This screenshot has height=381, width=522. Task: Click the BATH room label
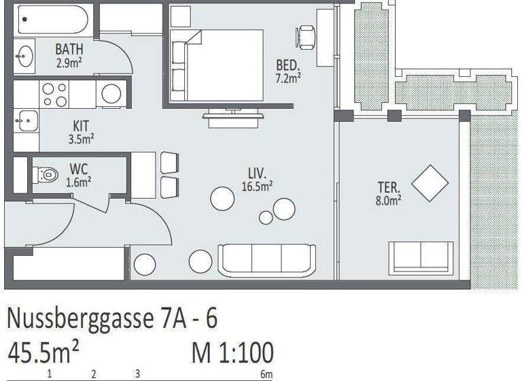click(69, 49)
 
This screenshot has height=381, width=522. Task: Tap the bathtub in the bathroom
click(52, 20)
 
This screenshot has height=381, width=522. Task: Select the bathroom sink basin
click(26, 56)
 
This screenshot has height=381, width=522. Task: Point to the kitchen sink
click(26, 121)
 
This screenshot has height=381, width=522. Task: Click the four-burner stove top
click(54, 93)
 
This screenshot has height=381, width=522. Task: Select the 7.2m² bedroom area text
click(288, 78)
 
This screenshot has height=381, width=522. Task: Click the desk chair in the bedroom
click(306, 35)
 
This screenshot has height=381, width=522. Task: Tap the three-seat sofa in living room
click(266, 259)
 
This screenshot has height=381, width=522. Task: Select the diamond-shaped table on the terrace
click(430, 183)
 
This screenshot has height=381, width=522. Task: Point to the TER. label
click(389, 186)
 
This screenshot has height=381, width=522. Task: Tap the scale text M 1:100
click(232, 354)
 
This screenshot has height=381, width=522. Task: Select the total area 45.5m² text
click(43, 354)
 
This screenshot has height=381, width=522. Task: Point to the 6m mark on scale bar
click(266, 374)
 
